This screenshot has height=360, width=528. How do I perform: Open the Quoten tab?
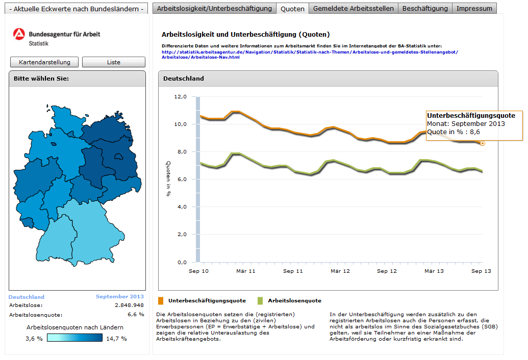click(292, 9)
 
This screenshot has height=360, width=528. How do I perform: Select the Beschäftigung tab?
click(425, 9)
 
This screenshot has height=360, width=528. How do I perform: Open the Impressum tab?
click(474, 9)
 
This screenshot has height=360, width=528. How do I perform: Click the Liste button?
click(114, 62)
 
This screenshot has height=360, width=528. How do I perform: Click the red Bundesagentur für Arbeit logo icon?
click(19, 35)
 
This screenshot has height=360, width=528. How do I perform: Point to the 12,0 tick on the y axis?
click(181, 97)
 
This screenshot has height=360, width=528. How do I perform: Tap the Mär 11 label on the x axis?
click(245, 271)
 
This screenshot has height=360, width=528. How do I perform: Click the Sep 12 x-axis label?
click(387, 271)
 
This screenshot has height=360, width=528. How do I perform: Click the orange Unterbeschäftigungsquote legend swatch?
click(161, 300)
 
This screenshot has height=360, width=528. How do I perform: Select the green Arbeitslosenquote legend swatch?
click(260, 300)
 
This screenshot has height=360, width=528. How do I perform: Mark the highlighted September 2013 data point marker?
click(483, 144)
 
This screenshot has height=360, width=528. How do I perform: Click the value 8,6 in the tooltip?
click(475, 132)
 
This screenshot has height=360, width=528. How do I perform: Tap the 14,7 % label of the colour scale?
click(116, 338)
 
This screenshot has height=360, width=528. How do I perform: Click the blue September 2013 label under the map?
click(120, 297)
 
